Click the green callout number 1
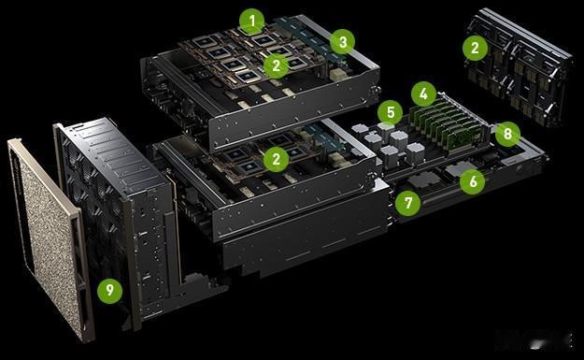252,22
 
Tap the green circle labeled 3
342,42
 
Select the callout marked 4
424,94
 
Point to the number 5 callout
390,112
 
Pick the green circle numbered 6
473,181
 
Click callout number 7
408,203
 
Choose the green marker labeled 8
507,134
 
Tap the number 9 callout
109,290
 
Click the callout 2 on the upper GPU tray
276,65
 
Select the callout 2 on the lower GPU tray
276,159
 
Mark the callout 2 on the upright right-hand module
475,48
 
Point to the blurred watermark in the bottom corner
534,339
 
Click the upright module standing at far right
519,67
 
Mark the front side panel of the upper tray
294,112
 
